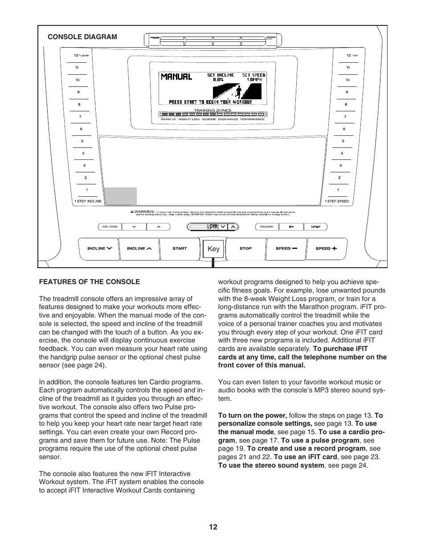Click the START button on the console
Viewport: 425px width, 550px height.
(x=180, y=249)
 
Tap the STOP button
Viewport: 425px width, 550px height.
(x=245, y=249)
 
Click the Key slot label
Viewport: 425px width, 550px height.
(x=213, y=249)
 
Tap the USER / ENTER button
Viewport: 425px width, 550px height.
(x=110, y=227)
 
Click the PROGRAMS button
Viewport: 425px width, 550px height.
(x=266, y=227)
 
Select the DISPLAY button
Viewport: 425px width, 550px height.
(x=315, y=227)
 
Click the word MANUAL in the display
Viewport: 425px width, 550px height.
(x=176, y=77)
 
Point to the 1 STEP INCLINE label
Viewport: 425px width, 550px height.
(x=88, y=201)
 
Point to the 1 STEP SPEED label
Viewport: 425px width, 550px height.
(x=337, y=201)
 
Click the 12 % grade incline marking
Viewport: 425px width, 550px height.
(x=81, y=56)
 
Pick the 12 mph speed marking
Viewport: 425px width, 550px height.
(x=351, y=56)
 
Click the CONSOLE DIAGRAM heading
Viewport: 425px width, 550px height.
(x=82, y=37)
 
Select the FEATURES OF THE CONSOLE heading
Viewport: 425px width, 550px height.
(x=90, y=282)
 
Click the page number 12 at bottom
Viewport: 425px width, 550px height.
(x=213, y=527)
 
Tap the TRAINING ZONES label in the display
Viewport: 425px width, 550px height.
(x=212, y=110)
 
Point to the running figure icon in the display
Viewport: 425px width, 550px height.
(x=239, y=92)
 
